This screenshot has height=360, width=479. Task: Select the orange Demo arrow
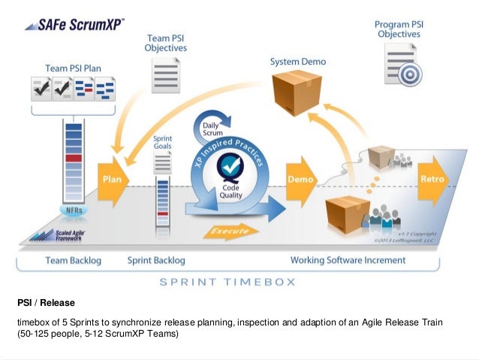302,180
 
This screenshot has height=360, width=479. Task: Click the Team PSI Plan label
72,66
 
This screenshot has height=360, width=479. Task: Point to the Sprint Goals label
163,144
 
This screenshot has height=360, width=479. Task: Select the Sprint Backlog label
158,260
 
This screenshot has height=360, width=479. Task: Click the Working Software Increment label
348,260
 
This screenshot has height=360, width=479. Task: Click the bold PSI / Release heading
45,304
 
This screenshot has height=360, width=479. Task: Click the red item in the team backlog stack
73,159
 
